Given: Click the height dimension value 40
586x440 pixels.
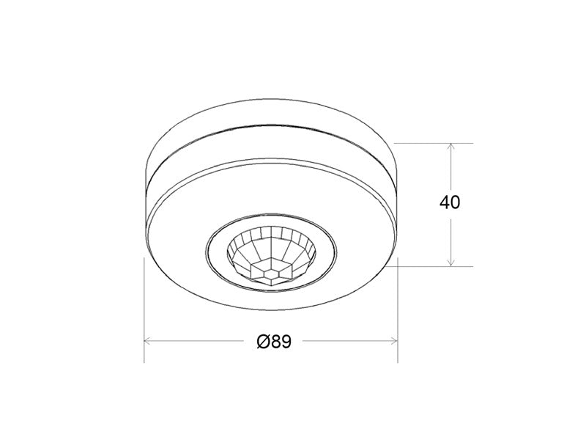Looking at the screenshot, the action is point(450,202).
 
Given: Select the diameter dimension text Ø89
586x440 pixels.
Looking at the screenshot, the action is point(274,341).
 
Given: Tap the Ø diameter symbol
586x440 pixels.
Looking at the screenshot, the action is point(263,341).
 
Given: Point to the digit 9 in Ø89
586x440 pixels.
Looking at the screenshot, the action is point(286,341).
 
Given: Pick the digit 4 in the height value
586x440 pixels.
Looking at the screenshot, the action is point(445,202).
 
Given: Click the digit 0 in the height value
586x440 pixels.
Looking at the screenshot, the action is point(456,202).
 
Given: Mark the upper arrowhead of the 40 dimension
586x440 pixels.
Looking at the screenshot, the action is point(451,147).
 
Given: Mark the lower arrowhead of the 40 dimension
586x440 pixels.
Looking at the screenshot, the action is point(451,263).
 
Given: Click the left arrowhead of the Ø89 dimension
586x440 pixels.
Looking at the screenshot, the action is point(148,341).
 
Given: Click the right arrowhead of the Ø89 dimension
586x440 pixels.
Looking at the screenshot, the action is point(393,341).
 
